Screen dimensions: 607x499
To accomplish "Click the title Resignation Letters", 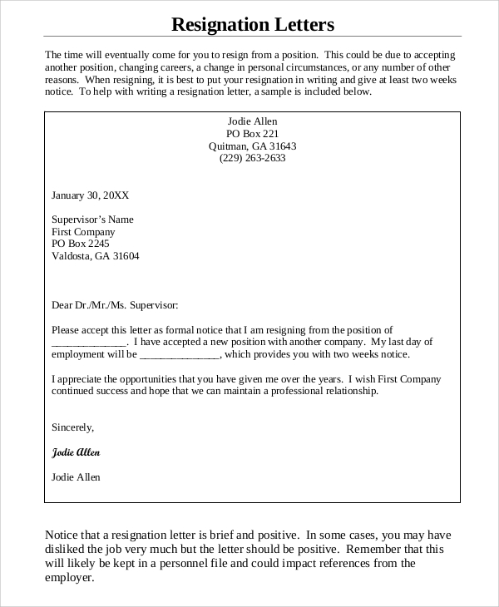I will pyautogui.click(x=252, y=24).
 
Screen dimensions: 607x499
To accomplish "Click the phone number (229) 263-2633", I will pyautogui.click(x=252, y=158).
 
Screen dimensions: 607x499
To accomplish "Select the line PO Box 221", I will pyautogui.click(x=252, y=133).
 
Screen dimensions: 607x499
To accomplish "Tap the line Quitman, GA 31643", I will pyautogui.click(x=252, y=146).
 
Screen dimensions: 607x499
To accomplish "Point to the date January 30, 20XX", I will pyautogui.click(x=90, y=195).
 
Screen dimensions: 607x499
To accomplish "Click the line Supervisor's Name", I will pyautogui.click(x=92, y=220).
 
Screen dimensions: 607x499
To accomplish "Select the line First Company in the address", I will pyautogui.click(x=83, y=232).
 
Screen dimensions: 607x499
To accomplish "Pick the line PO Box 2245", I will pyautogui.click(x=81, y=244).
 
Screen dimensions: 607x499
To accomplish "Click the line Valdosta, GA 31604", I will pyautogui.click(x=96, y=256).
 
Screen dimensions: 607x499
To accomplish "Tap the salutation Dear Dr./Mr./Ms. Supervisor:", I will pyautogui.click(x=115, y=305).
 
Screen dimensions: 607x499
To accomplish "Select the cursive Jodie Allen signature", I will pyautogui.click(x=76, y=452).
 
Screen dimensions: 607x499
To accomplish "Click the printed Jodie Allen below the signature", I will pyautogui.click(x=76, y=477).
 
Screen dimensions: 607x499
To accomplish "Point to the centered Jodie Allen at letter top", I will pyautogui.click(x=252, y=121).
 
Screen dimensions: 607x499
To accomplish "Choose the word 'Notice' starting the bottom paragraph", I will pyautogui.click(x=61, y=535).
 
